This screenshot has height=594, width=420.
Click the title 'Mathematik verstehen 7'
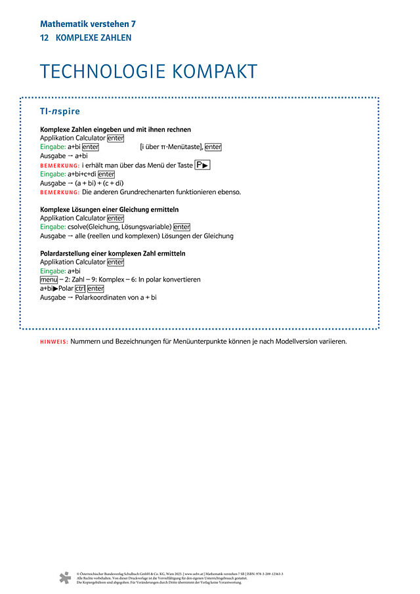87,24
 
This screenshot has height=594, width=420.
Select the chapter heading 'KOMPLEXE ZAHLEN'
93,38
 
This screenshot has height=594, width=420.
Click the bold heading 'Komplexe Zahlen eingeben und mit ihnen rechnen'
115,129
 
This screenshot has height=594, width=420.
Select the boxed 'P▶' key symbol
202,165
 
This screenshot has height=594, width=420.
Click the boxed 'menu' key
49,280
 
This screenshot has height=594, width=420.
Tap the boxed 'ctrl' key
80,289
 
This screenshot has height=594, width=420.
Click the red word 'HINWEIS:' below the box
54,342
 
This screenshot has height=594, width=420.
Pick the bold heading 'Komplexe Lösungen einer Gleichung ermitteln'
110,209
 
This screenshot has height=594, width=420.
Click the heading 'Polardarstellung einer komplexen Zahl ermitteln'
112,253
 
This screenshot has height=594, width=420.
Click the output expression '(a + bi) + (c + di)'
96,183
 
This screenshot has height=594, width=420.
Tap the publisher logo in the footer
64,578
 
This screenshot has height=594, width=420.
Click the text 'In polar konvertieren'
169,280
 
